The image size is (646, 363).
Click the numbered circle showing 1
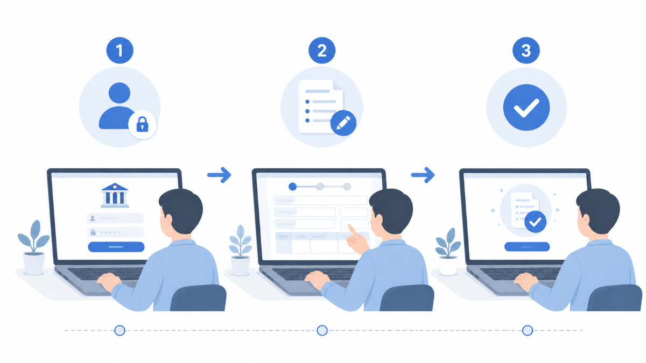tap(120, 51)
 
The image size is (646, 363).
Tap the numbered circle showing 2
tap(322, 51)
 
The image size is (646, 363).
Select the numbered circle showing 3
tap(526, 51)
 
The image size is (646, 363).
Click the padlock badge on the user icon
tap(142, 124)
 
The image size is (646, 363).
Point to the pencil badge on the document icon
tap(343, 123)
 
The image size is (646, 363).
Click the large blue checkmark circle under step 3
tap(526, 108)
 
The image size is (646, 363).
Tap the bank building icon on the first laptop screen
tap(115, 195)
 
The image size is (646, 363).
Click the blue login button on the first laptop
tap(116, 247)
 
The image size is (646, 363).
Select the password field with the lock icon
tap(115, 232)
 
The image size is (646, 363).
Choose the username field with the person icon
tap(115, 218)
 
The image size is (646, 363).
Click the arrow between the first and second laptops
tap(219, 175)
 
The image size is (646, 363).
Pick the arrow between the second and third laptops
tap(423, 175)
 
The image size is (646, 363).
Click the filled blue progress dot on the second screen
tap(293, 187)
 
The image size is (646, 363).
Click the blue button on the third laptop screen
tap(527, 247)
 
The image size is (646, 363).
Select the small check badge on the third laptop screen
tap(535, 222)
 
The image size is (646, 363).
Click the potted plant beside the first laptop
tap(33, 247)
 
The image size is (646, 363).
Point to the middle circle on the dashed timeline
tap(322, 330)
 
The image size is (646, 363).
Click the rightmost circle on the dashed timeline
tap(528, 330)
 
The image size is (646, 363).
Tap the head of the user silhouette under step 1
tap(120, 93)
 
